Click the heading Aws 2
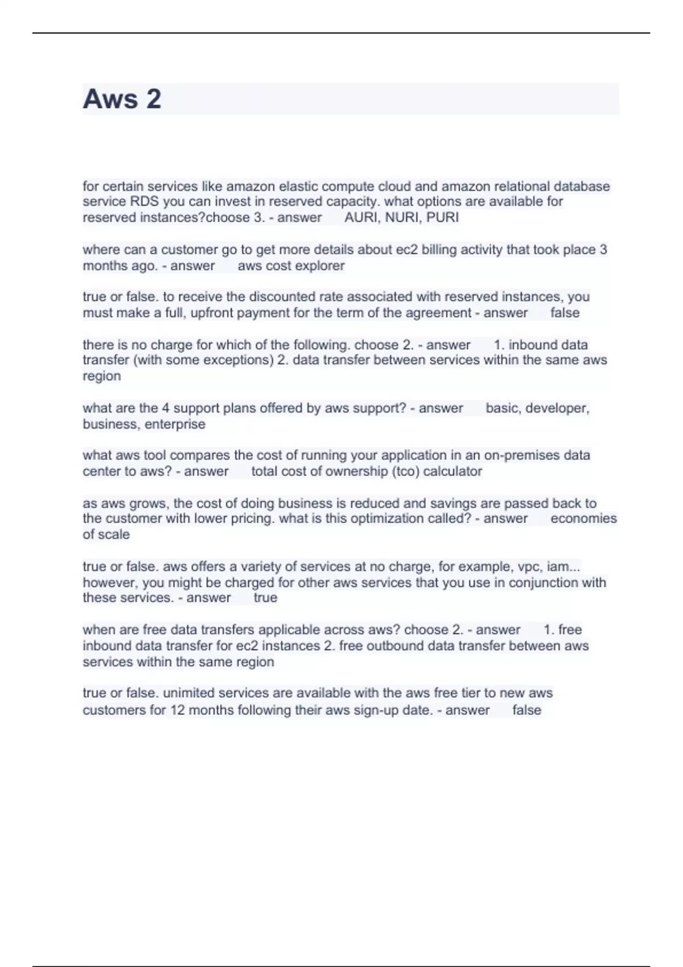point(122,99)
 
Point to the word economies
point(583,519)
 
